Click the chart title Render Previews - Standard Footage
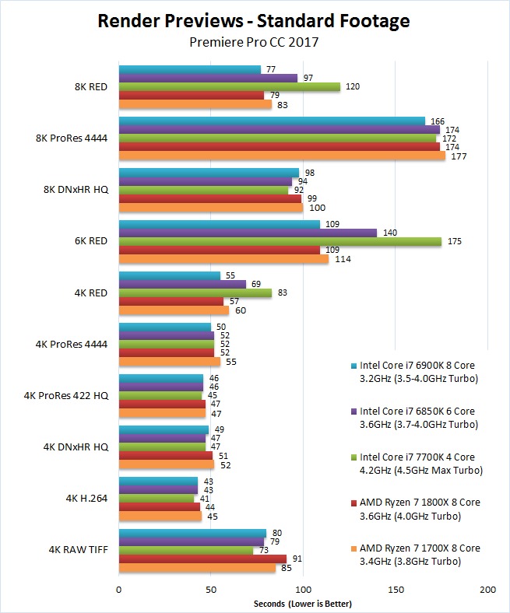pyautogui.click(x=255, y=21)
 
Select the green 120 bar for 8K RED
pyautogui.click(x=229, y=87)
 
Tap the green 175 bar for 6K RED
pyautogui.click(x=280, y=241)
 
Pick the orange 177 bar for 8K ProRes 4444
pyautogui.click(x=282, y=156)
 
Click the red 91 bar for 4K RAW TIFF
pyautogui.click(x=202, y=559)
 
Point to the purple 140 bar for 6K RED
pyautogui.click(x=248, y=233)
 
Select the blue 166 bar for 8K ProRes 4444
pyautogui.click(x=272, y=121)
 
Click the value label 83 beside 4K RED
pyautogui.click(x=283, y=293)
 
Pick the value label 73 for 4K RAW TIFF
pyautogui.click(x=264, y=550)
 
